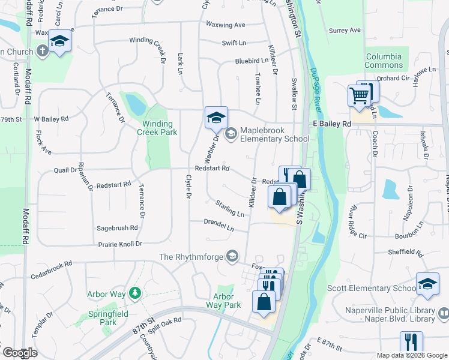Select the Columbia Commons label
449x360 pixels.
point(384,61)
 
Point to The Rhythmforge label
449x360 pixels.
point(191,257)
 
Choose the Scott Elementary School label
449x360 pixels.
point(372,288)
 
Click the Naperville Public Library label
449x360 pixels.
point(390,314)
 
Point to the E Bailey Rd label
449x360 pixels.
point(332,123)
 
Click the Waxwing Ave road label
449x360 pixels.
point(226,25)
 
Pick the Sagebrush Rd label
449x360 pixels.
point(117,228)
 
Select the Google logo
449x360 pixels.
point(20,353)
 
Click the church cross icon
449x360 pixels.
point(43,51)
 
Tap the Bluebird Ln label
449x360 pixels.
point(252,61)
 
